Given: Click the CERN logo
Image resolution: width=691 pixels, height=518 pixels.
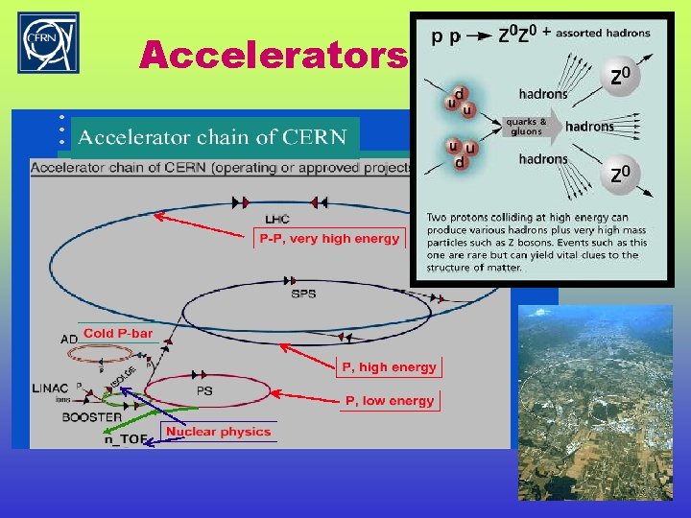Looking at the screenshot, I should (x=49, y=42).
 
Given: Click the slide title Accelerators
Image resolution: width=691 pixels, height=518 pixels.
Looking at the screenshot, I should (x=273, y=56).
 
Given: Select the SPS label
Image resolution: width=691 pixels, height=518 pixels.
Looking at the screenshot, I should (x=303, y=294).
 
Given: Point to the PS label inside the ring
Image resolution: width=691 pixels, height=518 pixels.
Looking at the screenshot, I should (x=205, y=391).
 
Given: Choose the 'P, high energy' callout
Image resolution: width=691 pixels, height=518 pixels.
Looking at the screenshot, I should (x=389, y=366).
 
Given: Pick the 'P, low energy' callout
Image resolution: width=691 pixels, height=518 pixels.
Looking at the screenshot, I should (x=390, y=401).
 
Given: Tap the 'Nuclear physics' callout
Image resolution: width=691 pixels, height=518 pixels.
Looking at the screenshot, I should (x=218, y=432).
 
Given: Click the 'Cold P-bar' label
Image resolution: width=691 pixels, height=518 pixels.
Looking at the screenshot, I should (x=118, y=333).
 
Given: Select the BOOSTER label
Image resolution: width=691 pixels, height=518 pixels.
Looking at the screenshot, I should (x=92, y=417).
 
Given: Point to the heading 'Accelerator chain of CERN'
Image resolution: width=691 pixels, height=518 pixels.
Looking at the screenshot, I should (x=212, y=137).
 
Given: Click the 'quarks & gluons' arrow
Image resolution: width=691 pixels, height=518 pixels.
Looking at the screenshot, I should (x=527, y=127).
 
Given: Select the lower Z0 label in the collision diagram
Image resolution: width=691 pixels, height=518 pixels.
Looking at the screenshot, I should (x=621, y=175).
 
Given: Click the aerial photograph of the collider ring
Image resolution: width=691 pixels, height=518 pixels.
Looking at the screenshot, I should (x=595, y=402).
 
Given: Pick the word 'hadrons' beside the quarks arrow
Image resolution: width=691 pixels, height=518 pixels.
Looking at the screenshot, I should (x=589, y=127).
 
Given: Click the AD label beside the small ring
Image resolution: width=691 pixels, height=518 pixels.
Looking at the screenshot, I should (x=68, y=340).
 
